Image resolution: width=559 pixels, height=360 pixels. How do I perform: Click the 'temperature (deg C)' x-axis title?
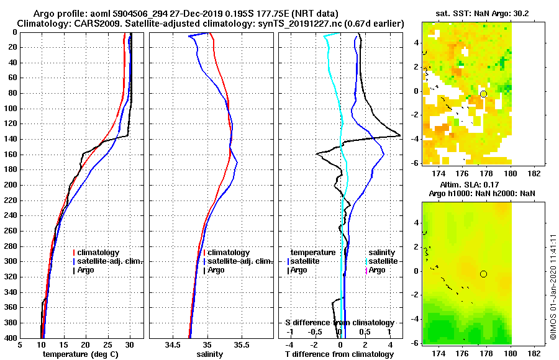[80, 354]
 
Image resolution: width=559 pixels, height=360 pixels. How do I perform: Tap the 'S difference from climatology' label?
[339, 323]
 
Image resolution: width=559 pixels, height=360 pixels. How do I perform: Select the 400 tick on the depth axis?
[12, 338]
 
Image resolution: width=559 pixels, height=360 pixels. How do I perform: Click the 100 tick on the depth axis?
[12, 109]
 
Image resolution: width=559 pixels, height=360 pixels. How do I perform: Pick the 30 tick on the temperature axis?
[130, 345]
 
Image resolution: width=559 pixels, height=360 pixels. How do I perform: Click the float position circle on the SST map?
[484, 94]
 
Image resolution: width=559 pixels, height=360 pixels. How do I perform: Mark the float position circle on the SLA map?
[483, 274]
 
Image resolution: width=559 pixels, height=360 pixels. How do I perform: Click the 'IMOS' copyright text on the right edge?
[553, 289]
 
